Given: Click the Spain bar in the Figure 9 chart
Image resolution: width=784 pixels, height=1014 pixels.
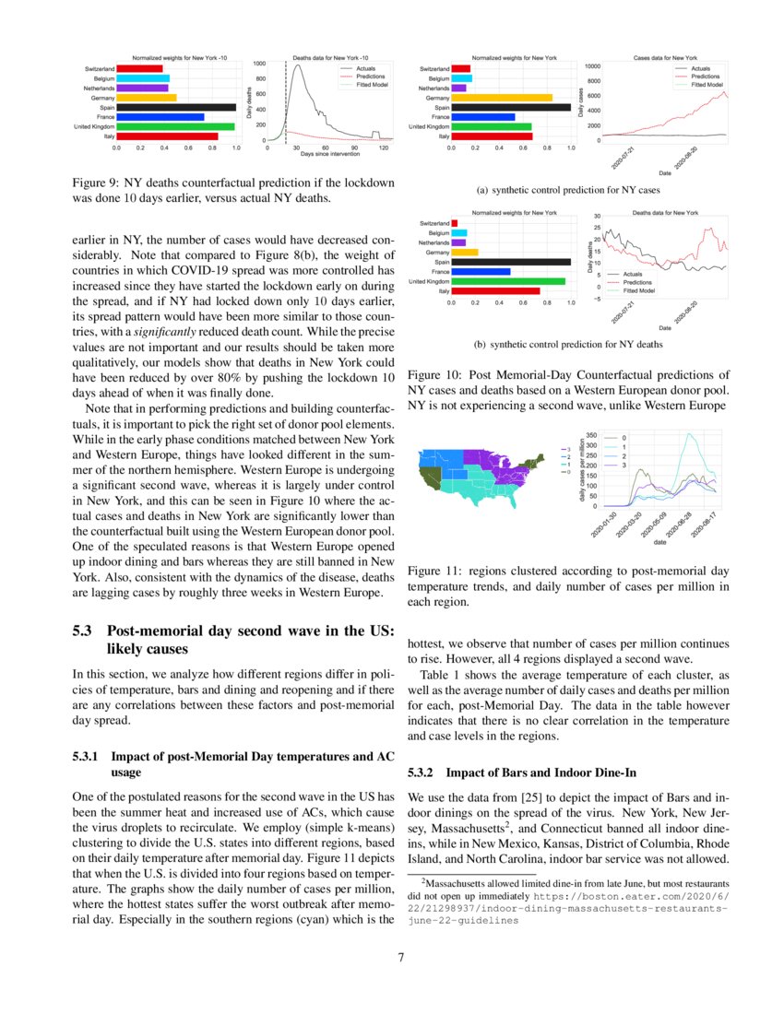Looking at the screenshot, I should pos(175,107).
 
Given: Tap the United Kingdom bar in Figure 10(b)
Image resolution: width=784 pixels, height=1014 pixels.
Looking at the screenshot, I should pos(507,281).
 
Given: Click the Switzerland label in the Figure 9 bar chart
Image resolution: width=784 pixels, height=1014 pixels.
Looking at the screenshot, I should pos(99,69).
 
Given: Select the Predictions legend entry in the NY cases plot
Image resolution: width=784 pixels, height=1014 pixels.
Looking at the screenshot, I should pos(706,77).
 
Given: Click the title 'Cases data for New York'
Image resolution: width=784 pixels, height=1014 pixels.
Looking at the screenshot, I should pos(665,57).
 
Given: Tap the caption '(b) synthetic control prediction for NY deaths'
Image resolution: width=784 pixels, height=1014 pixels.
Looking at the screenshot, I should pos(568,345).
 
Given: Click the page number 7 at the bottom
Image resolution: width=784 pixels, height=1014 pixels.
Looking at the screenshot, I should pos(401,957).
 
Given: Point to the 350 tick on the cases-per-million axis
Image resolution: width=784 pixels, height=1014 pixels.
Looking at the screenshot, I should pos(592,435).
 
